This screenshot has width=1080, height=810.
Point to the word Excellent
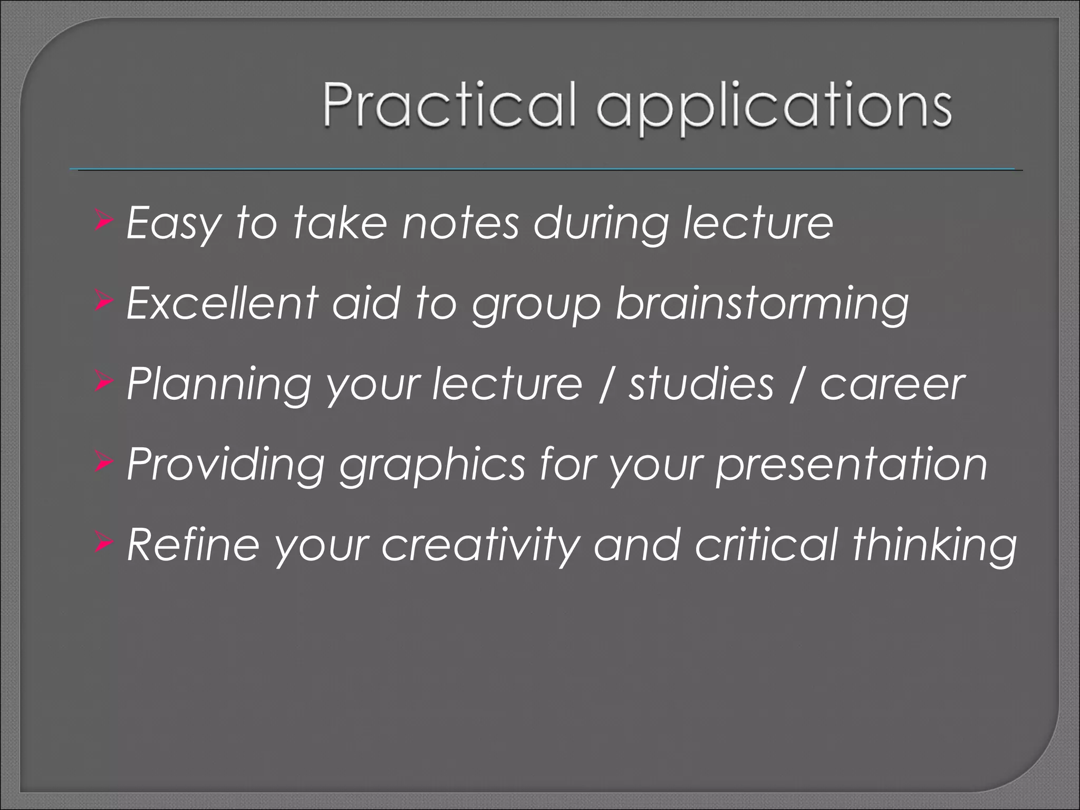pyautogui.click(x=222, y=303)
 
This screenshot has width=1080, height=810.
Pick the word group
pyautogui.click(x=536, y=306)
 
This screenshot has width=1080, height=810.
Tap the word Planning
pyautogui.click(x=219, y=385)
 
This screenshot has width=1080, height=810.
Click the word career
pyautogui.click(x=892, y=385)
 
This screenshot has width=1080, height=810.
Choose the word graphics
pyautogui.click(x=432, y=466)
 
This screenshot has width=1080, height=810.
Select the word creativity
pyautogui.click(x=480, y=545)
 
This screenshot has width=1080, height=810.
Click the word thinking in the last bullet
pyautogui.click(x=934, y=545)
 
